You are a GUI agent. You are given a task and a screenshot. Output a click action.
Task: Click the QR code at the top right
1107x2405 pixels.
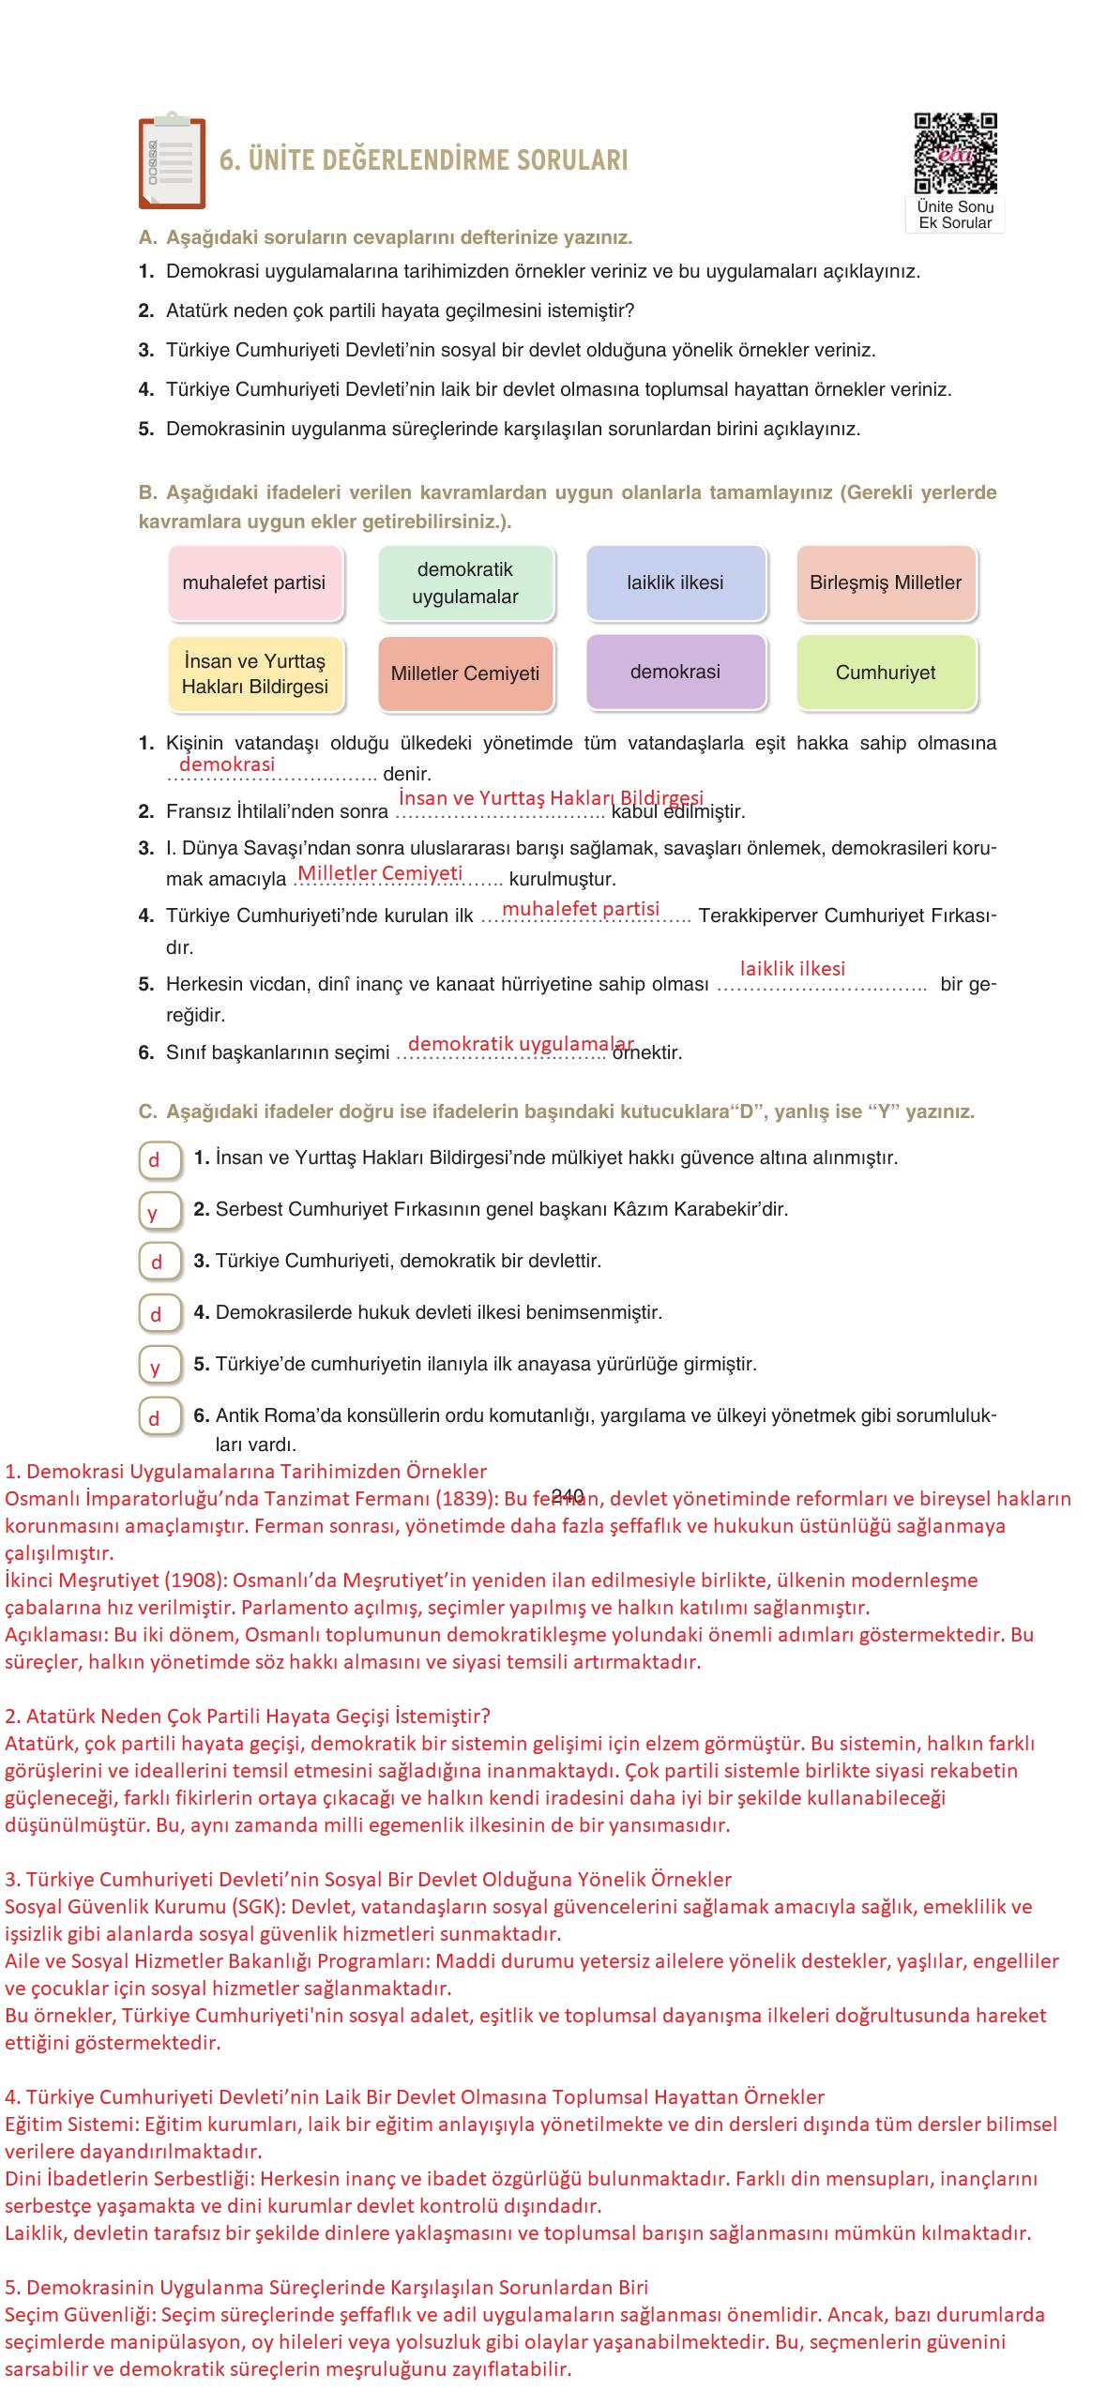click(x=955, y=153)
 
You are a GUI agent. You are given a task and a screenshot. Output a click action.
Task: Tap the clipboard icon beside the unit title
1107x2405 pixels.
click(x=171, y=162)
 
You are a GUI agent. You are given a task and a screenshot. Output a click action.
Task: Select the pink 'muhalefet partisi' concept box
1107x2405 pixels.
click(x=254, y=582)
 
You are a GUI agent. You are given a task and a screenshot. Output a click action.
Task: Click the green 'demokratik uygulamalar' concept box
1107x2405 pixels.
click(x=465, y=582)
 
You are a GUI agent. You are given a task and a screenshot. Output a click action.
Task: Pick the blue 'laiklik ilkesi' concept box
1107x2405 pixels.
click(x=675, y=582)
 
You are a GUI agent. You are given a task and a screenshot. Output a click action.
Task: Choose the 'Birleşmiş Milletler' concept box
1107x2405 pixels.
click(x=886, y=582)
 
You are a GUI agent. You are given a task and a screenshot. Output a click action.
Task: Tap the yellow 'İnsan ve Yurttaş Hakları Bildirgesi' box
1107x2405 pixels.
click(x=254, y=673)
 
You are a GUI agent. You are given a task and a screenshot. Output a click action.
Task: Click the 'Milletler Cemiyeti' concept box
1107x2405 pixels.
click(x=465, y=673)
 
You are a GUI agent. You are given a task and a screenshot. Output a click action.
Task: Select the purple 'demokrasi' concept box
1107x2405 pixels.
click(x=675, y=672)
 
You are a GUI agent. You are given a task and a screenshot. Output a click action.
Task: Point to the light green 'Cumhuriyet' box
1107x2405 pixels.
click(x=886, y=673)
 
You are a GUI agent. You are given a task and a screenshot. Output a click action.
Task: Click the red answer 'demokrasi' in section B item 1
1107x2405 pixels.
click(x=227, y=764)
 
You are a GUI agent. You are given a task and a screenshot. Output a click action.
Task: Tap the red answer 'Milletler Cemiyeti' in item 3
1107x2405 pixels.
click(x=380, y=873)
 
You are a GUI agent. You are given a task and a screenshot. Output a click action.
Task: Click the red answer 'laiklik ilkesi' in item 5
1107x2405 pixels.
click(x=793, y=969)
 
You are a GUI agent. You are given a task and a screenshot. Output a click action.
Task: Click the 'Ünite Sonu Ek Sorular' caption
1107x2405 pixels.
click(x=955, y=215)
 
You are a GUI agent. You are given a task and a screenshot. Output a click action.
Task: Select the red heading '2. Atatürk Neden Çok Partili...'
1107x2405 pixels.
click(x=248, y=1717)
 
